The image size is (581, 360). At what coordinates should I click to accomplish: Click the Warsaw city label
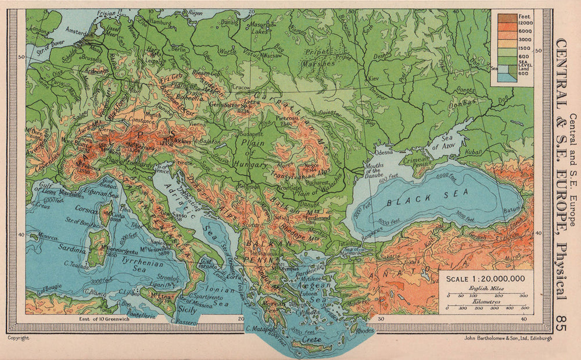tap(272, 56)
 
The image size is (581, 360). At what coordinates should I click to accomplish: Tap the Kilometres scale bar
tap(485, 308)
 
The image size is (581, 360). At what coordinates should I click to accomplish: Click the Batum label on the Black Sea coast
tap(513, 209)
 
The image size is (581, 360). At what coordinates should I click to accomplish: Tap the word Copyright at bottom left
tap(19, 337)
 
